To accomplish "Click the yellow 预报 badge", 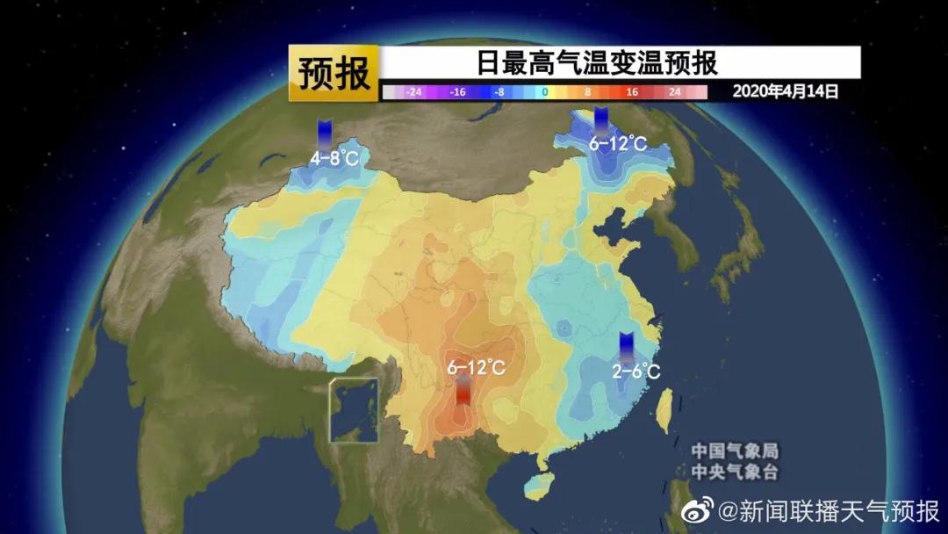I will [x=334, y=75].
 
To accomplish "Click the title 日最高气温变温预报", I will [x=598, y=63].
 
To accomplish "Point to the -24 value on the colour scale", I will [x=414, y=91].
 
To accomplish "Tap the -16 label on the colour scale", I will [x=457, y=91].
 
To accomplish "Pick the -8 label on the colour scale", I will [x=499, y=91].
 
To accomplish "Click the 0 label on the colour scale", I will [x=544, y=91].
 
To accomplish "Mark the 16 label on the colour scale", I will [x=632, y=91].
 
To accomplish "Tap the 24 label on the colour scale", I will [x=675, y=91].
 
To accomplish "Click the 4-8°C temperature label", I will [x=334, y=159].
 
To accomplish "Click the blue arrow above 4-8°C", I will [x=325, y=132].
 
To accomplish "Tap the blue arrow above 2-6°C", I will [x=627, y=345].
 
